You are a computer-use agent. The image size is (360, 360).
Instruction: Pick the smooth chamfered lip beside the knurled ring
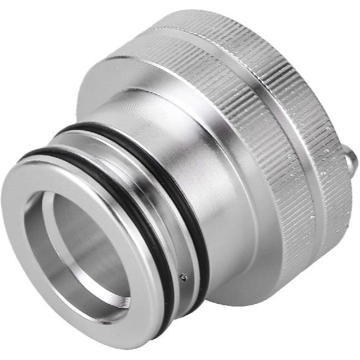tap(143, 75)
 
